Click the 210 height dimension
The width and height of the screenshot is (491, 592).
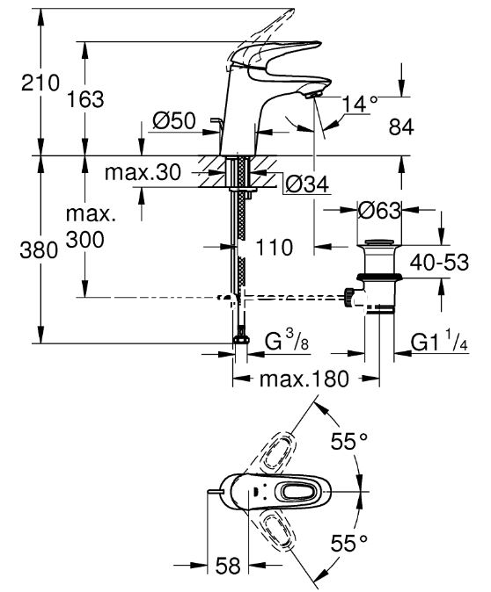click(40, 83)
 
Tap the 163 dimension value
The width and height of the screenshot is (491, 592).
click(85, 99)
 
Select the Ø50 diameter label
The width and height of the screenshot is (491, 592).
click(174, 121)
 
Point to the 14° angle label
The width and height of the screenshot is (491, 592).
click(360, 104)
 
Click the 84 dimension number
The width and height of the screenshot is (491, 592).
click(401, 127)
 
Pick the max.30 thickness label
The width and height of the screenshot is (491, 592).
click(143, 172)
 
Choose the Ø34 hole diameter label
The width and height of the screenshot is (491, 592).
click(307, 185)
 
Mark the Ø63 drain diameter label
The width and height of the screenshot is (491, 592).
click(379, 210)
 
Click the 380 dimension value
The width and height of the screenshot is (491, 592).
click(39, 250)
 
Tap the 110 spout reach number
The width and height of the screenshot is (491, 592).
click(275, 248)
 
